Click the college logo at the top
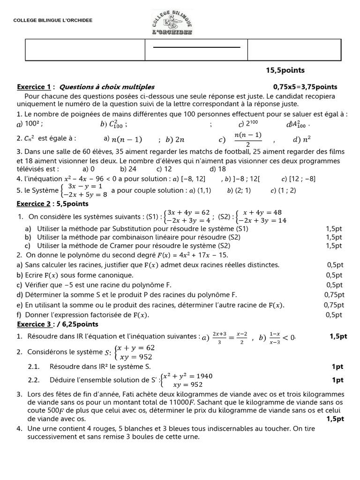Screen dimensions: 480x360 (172, 22)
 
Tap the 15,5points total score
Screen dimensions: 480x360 (285, 70)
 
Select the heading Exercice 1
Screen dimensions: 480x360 (34, 87)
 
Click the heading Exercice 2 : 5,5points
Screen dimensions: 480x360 (52, 204)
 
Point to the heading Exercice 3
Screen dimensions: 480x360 (34, 324)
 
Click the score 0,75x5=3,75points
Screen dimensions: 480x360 (305, 87)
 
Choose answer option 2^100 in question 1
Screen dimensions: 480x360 (248, 124)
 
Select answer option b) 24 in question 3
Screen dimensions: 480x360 (128, 169)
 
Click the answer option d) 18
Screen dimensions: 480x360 (218, 169)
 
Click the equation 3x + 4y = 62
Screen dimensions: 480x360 (188, 212)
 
